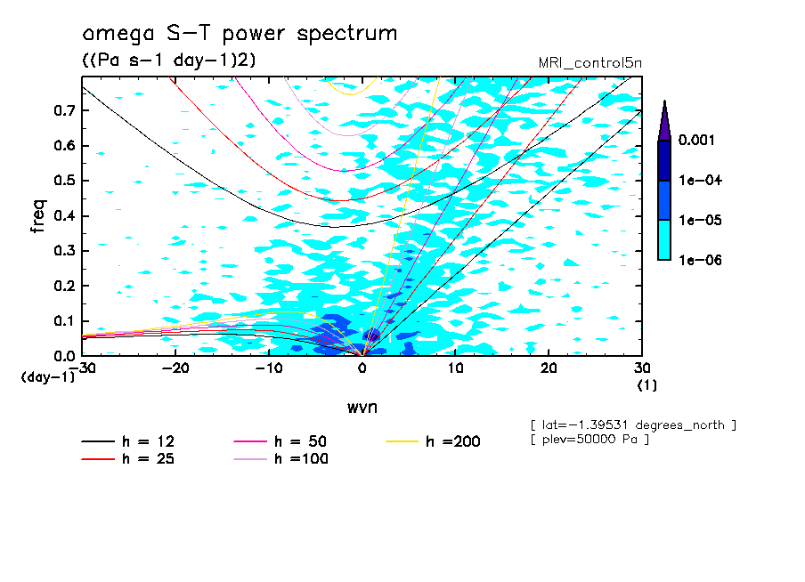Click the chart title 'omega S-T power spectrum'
pyautogui.click(x=240, y=34)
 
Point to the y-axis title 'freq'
pyautogui.click(x=38, y=216)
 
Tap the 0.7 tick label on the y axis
pyautogui.click(x=64, y=110)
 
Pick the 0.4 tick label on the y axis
pyautogui.click(x=64, y=216)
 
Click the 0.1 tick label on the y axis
pyautogui.click(x=64, y=321)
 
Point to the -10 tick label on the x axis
pyautogui.click(x=269, y=368)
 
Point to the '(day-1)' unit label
pyautogui.click(x=47, y=377)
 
